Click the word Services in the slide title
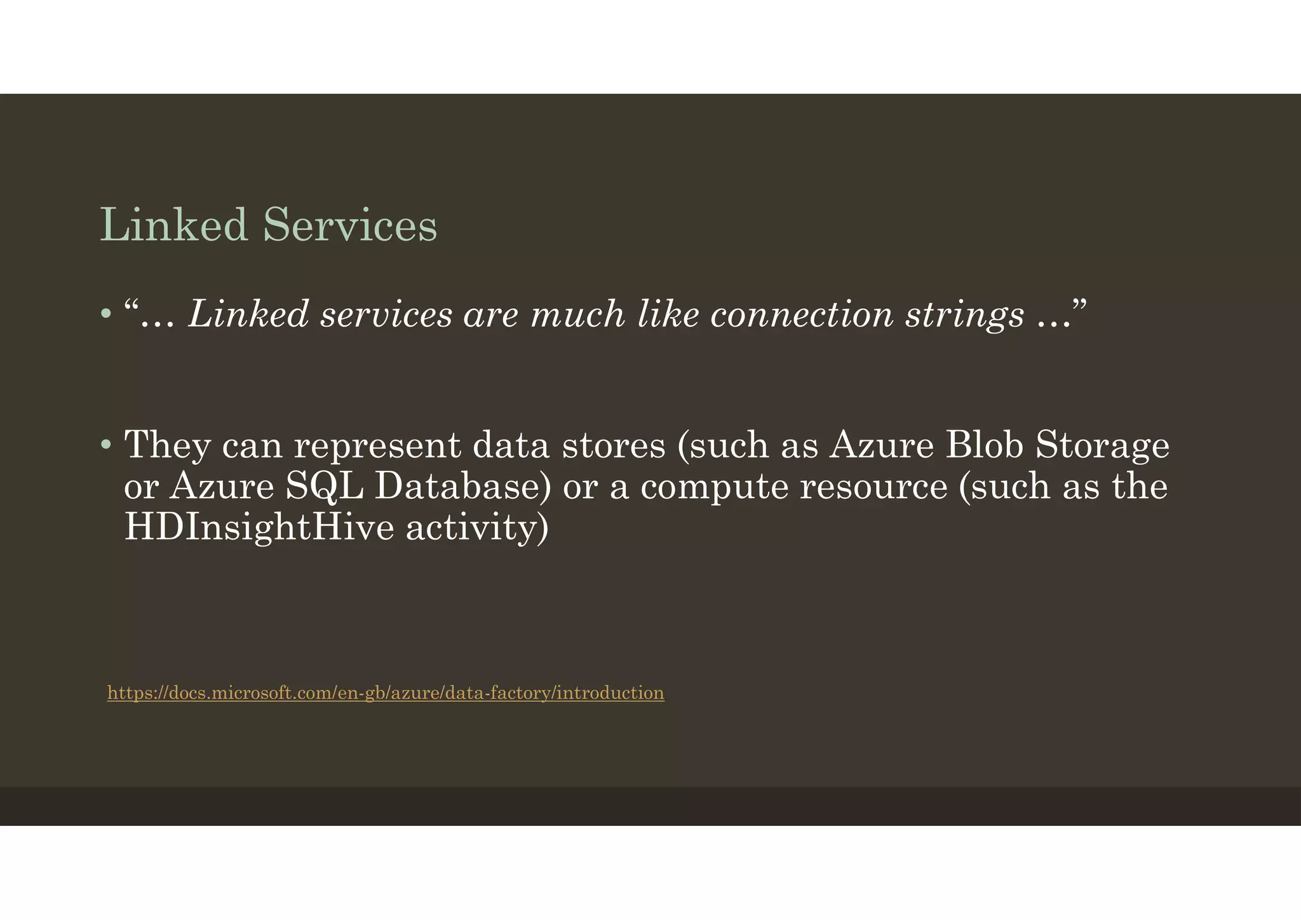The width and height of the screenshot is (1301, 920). click(350, 225)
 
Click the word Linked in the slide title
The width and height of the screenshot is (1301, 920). click(173, 225)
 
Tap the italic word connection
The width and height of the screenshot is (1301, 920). click(802, 315)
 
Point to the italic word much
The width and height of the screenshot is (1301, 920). click(577, 315)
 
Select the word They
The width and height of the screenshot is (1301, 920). click(167, 445)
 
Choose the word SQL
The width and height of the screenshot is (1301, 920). click(325, 487)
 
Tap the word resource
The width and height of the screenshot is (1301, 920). click(873, 487)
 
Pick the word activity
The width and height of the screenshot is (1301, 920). click(477, 529)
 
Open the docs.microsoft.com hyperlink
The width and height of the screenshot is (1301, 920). click(386, 693)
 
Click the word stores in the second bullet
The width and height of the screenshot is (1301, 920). click(614, 445)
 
